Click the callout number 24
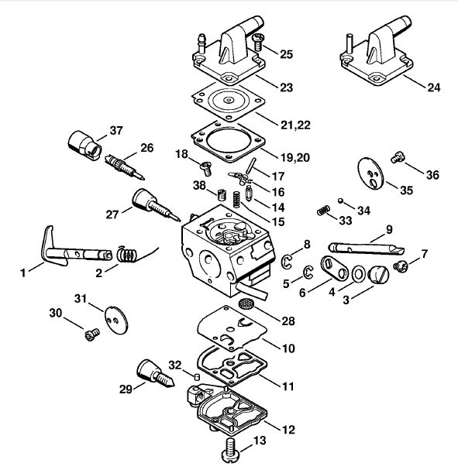434,87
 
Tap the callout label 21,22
295,125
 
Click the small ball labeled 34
340,201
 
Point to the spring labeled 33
324,211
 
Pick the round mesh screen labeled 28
246,304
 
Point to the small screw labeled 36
398,156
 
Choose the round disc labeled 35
370,173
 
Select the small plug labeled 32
197,377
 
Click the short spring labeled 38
222,195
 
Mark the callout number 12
288,430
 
